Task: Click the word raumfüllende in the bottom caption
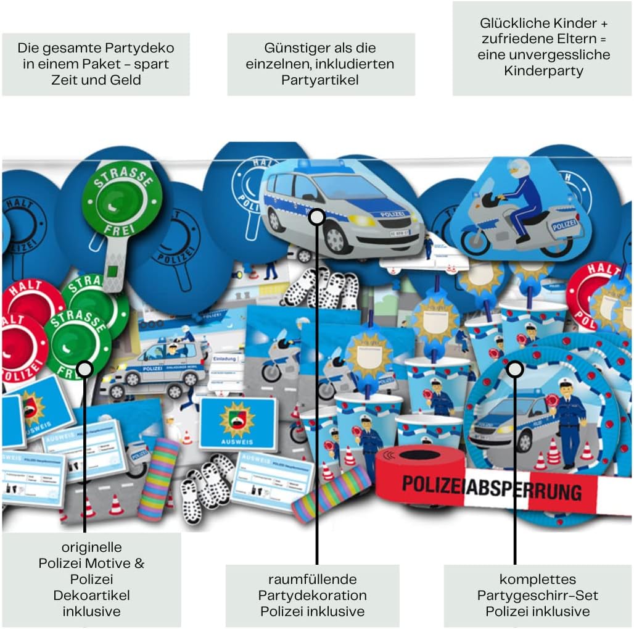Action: pos(312,580)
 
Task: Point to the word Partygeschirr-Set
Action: pos(538,596)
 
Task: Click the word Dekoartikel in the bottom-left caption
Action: pos(91,596)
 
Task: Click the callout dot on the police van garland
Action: pos(316,217)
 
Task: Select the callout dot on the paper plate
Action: pos(515,369)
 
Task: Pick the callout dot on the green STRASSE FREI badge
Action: pos(84,370)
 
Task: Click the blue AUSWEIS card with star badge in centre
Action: pos(237,423)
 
